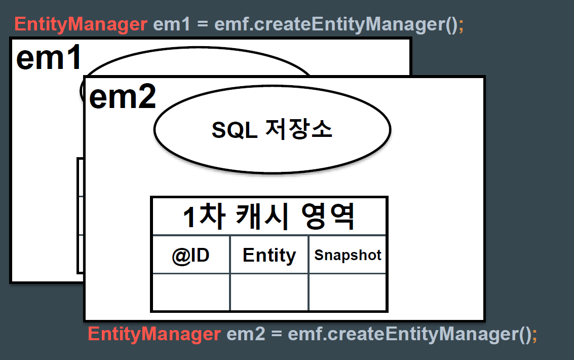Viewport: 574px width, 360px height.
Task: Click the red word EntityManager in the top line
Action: pos(81,24)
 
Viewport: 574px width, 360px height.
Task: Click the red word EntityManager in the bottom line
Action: pos(154,334)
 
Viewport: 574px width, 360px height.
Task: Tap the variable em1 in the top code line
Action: pos(172,24)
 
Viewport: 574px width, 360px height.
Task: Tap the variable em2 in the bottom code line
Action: pos(246,334)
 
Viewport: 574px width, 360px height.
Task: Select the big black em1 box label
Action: pos(49,57)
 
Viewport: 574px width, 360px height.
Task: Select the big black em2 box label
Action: pos(123,97)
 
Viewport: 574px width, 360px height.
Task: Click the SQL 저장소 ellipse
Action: pos(273,129)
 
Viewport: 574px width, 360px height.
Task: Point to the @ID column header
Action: pos(190,255)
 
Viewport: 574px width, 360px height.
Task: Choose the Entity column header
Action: pos(269,255)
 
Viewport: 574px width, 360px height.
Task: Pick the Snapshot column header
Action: pos(348,255)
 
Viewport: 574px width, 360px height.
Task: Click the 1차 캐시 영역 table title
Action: pos(269,217)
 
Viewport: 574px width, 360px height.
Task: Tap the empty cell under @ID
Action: pos(190,292)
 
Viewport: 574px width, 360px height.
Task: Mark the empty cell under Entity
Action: pos(269,292)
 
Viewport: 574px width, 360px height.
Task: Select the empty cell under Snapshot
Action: pos(348,292)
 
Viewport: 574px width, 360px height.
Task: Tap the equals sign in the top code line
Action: pos(203,24)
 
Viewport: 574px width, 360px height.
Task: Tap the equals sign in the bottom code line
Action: pos(277,334)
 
